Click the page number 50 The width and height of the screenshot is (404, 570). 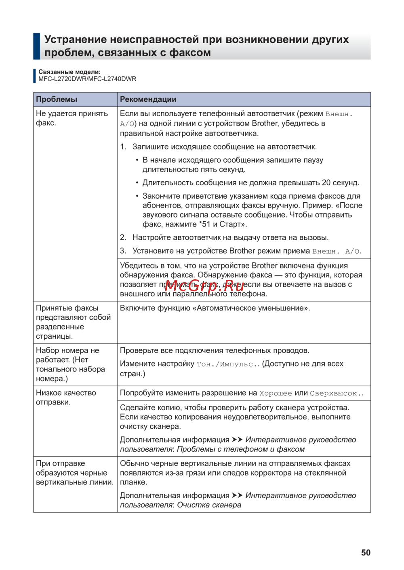click(366, 553)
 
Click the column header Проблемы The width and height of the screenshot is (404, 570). click(57, 99)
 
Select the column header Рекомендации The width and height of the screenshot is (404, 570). click(148, 99)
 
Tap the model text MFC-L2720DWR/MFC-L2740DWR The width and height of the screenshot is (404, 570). click(87, 79)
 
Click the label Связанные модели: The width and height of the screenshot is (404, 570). click(69, 72)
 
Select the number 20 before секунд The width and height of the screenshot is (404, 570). click(326, 182)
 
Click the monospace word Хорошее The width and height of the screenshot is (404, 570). click(276, 393)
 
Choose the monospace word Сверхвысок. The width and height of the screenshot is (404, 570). click(336, 393)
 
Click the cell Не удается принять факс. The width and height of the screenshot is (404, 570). click(72, 118)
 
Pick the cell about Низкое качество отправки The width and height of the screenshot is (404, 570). click(66, 397)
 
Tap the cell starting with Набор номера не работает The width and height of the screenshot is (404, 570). click(70, 364)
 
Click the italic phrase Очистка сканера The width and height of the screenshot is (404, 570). click(209, 505)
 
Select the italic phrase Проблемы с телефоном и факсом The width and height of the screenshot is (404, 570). click(241, 449)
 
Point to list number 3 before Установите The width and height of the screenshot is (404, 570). click(123, 251)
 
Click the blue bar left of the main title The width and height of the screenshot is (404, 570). click(37, 46)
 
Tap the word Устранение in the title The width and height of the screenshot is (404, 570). click(76, 40)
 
